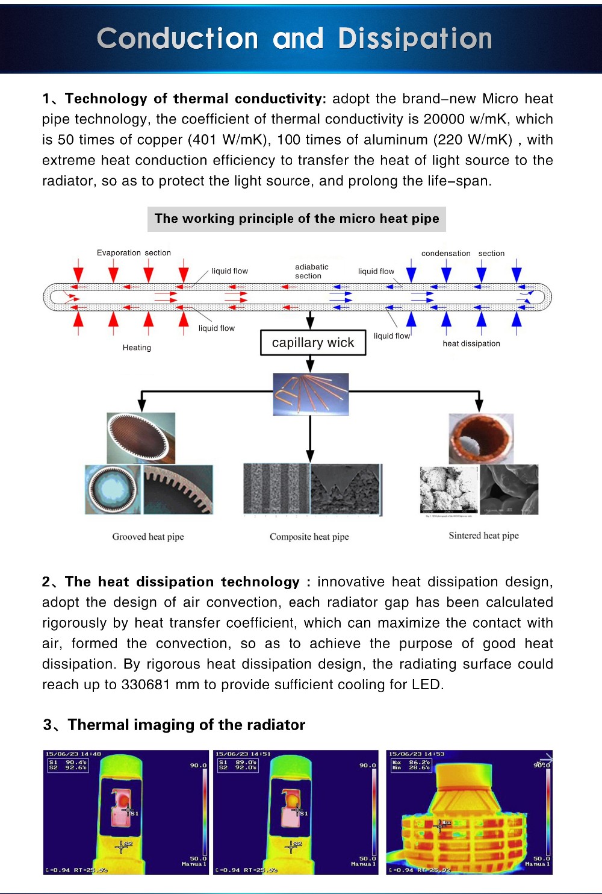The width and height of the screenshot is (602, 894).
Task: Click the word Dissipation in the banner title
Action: pyautogui.click(x=415, y=39)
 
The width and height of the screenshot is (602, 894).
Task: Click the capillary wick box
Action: pyautogui.click(x=313, y=343)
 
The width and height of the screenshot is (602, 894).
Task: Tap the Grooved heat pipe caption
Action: pyautogui.click(x=148, y=537)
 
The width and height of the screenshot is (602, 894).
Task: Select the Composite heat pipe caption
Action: pyautogui.click(x=309, y=537)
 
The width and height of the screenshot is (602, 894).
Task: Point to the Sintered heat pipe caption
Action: pyautogui.click(x=483, y=536)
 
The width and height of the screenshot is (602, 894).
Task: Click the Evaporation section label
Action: pyautogui.click(x=134, y=253)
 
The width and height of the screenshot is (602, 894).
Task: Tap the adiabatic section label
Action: pyautogui.click(x=311, y=271)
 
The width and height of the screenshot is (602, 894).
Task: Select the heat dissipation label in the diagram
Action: pyautogui.click(x=471, y=343)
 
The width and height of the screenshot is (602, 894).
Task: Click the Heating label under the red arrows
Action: pyautogui.click(x=137, y=348)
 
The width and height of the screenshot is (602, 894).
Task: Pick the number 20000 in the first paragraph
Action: pyautogui.click(x=444, y=119)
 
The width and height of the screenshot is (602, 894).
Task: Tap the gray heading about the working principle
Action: pyautogui.click(x=297, y=219)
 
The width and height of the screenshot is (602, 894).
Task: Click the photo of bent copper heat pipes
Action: pyautogui.click(x=311, y=394)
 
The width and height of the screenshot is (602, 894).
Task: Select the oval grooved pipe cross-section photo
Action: pyautogui.click(x=141, y=438)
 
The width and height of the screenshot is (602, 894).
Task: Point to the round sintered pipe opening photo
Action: pyautogui.click(x=481, y=438)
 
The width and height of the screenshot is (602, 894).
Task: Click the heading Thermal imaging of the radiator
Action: pyautogui.click(x=186, y=725)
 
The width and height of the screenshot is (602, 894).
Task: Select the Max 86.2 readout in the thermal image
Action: pyautogui.click(x=412, y=762)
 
